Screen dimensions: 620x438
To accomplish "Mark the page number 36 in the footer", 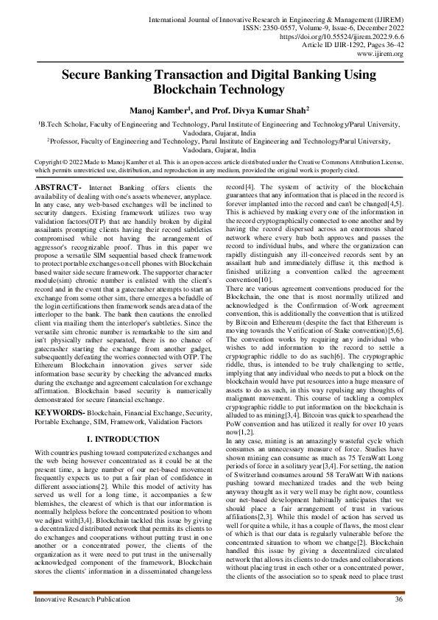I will tap(398, 600).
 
